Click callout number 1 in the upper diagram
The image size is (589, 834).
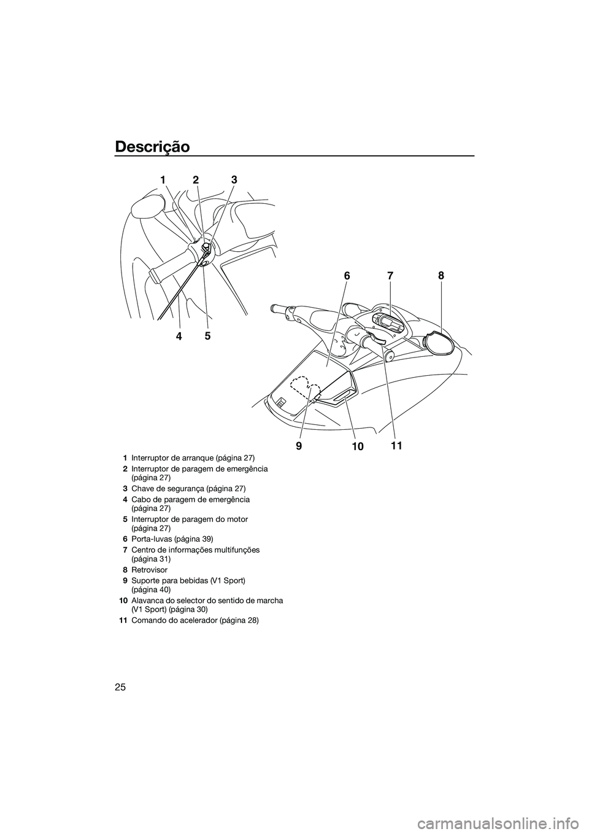tap(163, 180)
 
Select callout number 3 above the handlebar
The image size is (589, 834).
tap(234, 180)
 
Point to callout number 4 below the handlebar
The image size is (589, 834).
tap(179, 336)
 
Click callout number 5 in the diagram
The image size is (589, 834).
tap(207, 336)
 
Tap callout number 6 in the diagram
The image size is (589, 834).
tap(347, 277)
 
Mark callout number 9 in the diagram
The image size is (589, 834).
tap(299, 448)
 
